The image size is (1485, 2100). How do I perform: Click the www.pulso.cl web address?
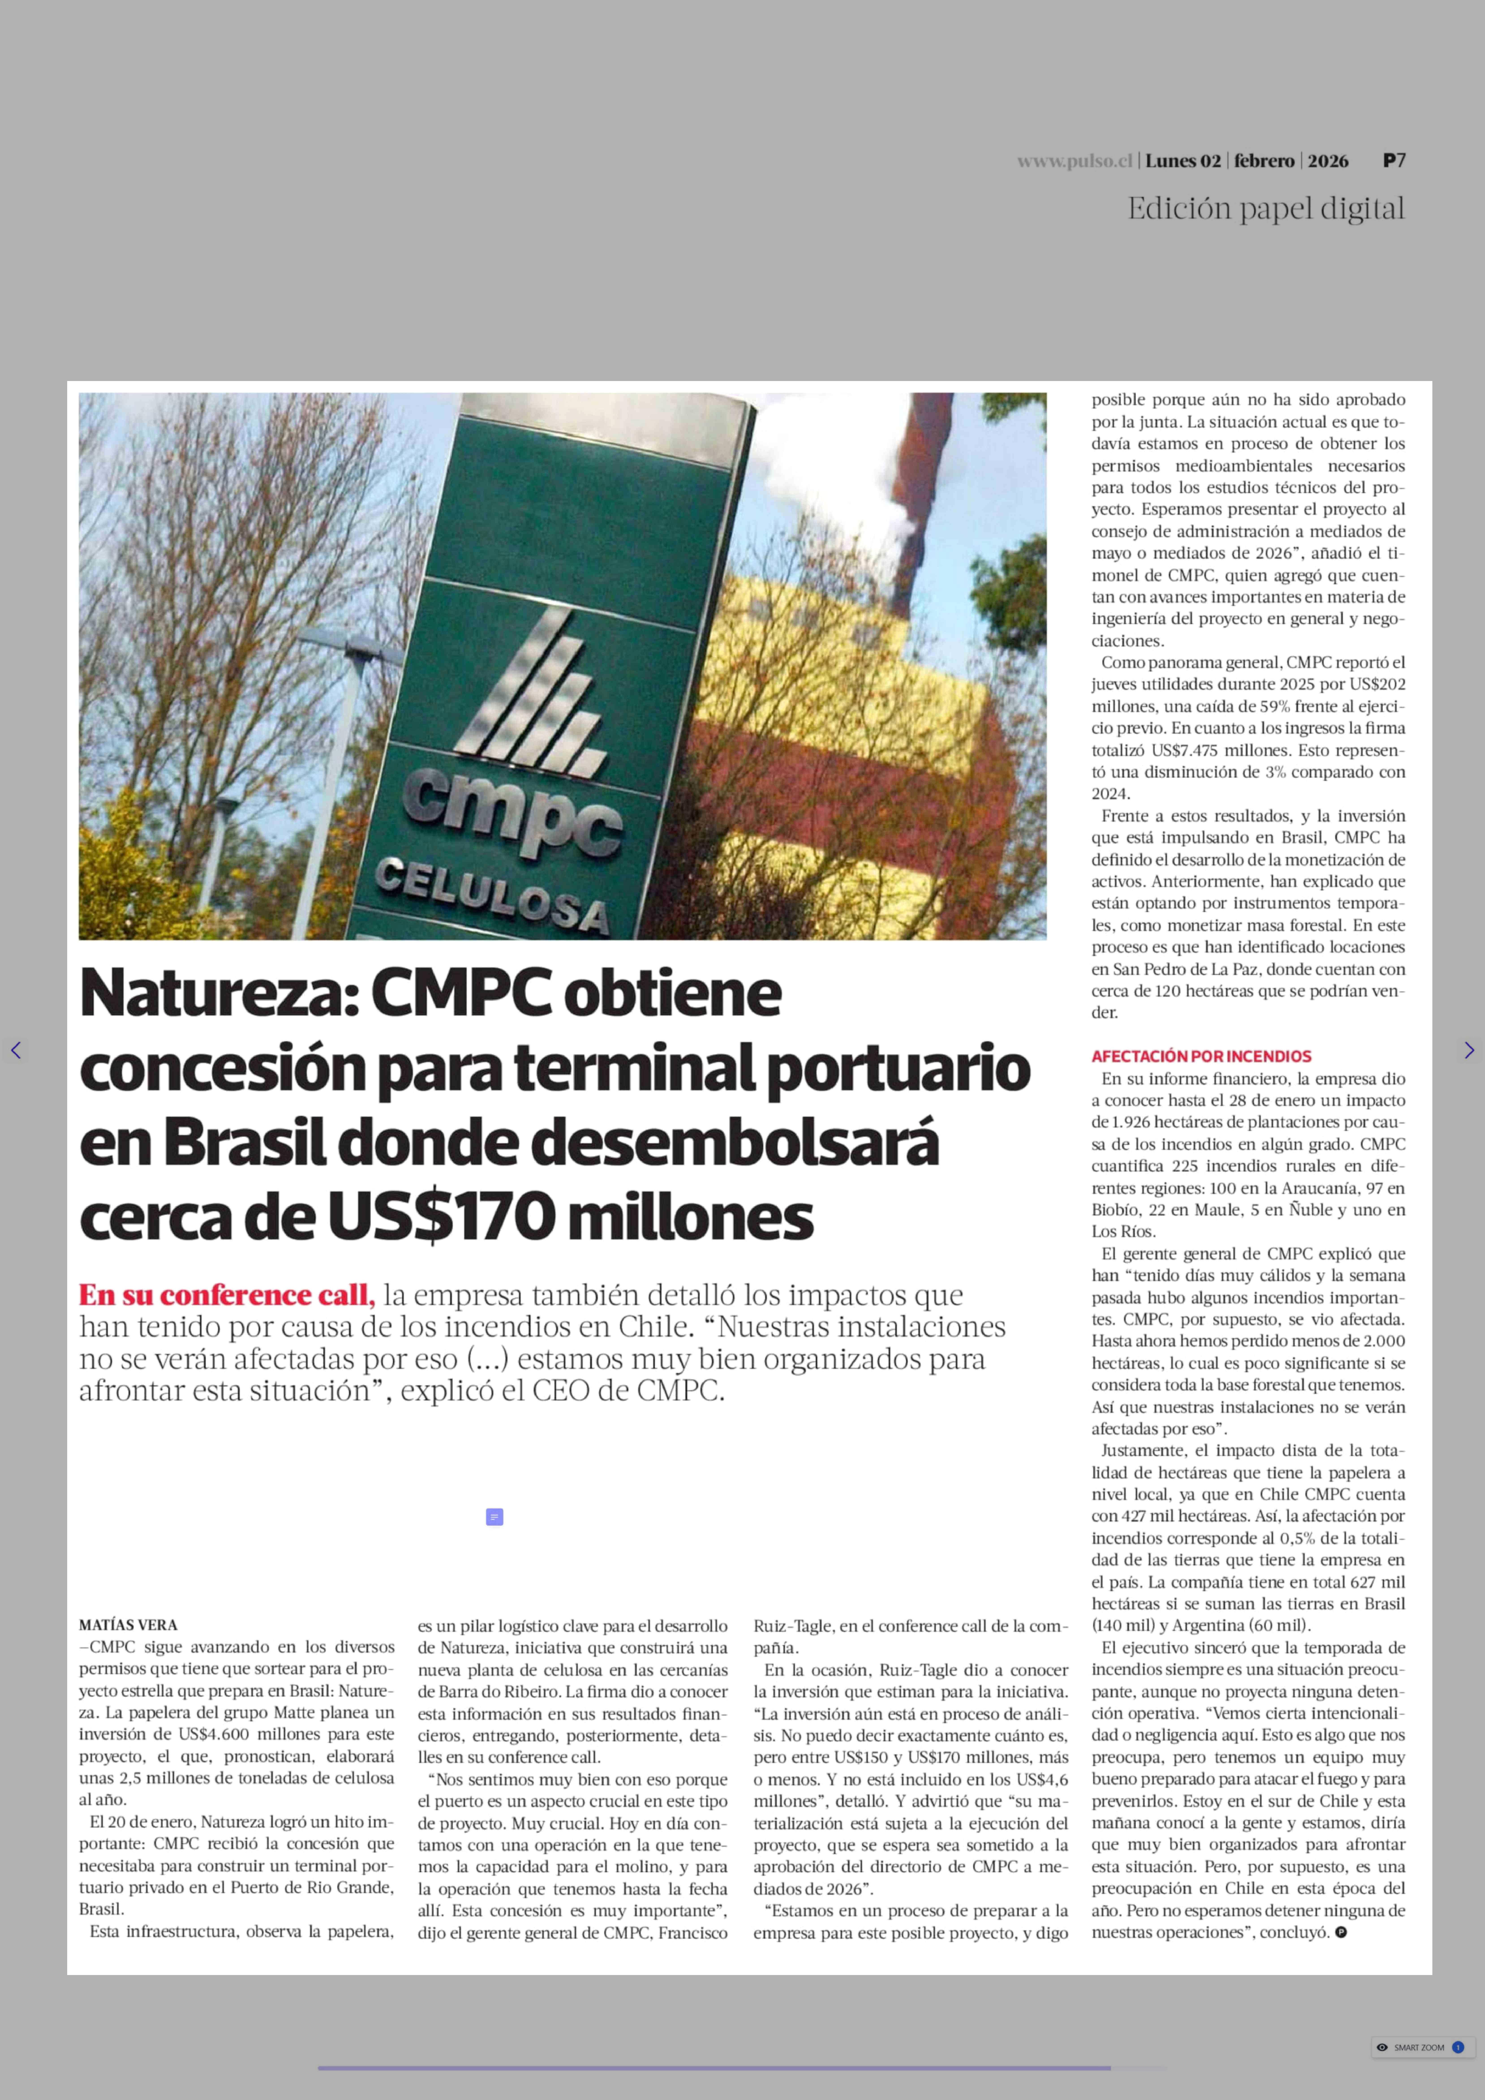coord(1075,161)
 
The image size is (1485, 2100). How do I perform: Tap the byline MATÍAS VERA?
coord(128,1625)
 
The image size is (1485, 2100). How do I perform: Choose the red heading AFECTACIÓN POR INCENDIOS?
coord(1201,1056)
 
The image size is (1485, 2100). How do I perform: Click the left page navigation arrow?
coord(15,1050)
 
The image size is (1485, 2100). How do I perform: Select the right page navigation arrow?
coord(1469,1050)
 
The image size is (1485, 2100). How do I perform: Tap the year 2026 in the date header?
coord(1328,161)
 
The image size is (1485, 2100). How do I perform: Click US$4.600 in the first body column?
coord(214,1734)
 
